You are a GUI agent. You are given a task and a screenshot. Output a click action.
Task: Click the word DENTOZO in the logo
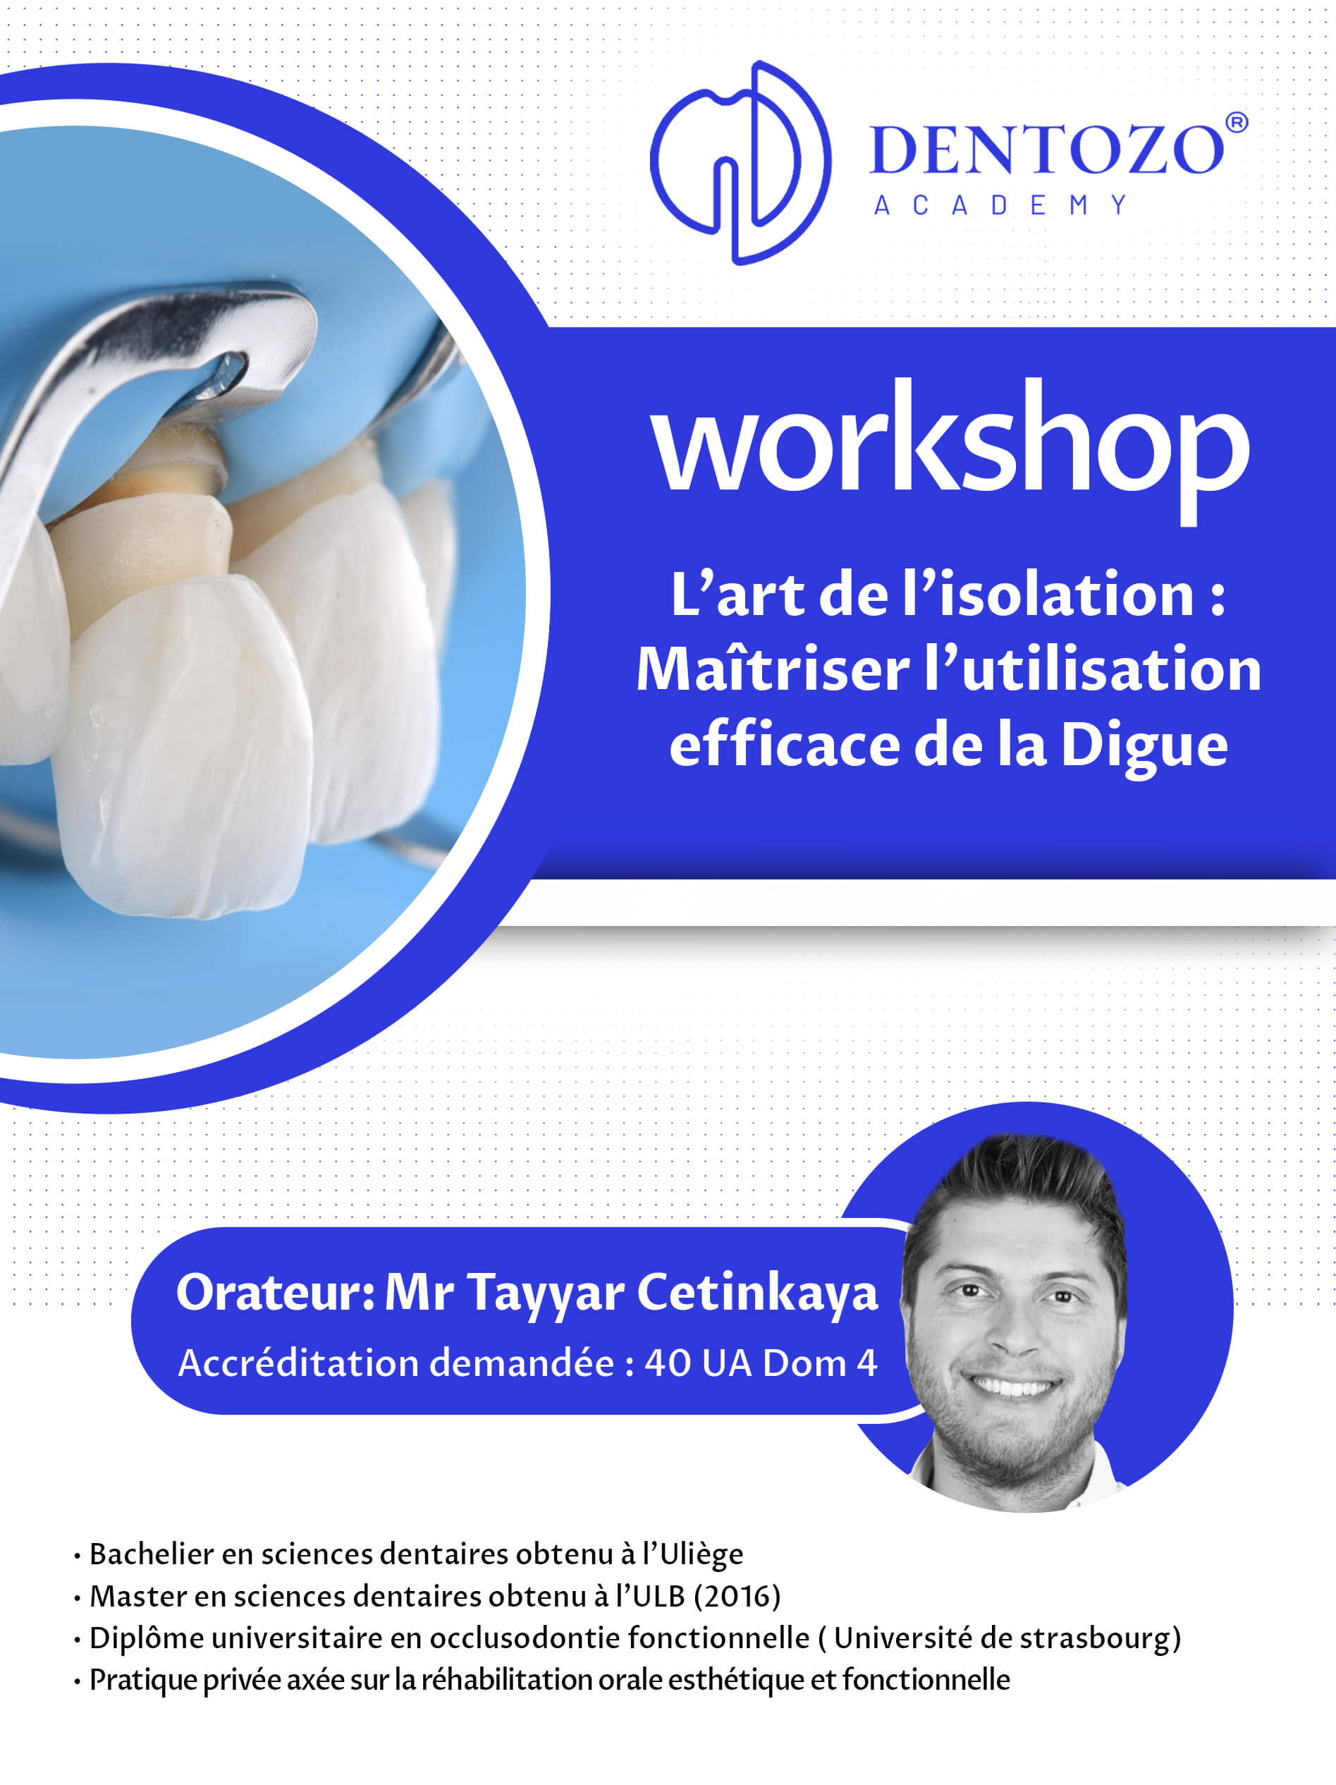coord(1047,150)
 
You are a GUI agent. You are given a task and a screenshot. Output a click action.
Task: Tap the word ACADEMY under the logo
coord(1000,205)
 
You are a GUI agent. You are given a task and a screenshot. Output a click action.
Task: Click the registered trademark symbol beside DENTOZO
coord(1237,123)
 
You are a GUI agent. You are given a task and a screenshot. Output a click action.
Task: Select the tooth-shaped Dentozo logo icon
coord(740,162)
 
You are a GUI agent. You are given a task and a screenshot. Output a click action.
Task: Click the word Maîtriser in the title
coord(773,670)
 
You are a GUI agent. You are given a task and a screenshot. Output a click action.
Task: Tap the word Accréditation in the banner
coord(300,1362)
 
